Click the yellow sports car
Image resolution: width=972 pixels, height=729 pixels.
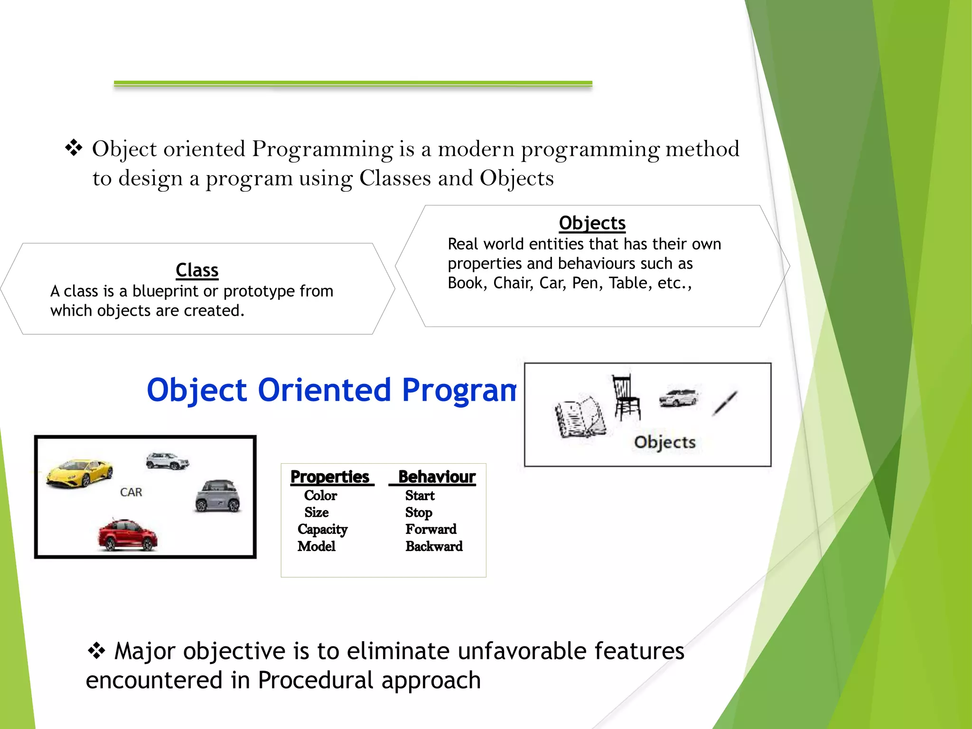tap(79, 472)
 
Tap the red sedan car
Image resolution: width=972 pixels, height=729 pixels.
tap(127, 535)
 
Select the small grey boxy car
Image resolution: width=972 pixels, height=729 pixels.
tap(218, 496)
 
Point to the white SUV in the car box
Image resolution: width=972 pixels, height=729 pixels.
tap(168, 460)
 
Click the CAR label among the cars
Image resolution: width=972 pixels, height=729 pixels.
tap(131, 492)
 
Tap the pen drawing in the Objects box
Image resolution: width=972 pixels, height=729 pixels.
tap(724, 403)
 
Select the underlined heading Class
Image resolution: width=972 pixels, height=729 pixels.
tap(197, 270)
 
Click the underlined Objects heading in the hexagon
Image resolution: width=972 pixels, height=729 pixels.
tap(592, 223)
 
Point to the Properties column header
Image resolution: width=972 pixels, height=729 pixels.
tap(330, 477)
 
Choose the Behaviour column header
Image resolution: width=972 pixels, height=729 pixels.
tap(437, 477)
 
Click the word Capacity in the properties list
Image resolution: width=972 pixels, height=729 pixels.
tap(322, 529)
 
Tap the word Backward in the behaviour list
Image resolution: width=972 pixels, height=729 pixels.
tap(434, 546)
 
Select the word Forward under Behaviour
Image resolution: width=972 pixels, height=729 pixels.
tap(431, 529)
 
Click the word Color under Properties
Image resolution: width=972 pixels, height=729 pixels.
tap(320, 495)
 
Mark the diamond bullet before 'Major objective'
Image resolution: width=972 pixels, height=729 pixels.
tap(96, 651)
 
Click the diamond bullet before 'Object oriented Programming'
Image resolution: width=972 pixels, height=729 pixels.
tap(74, 148)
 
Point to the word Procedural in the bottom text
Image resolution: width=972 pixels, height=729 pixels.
tap(316, 680)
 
